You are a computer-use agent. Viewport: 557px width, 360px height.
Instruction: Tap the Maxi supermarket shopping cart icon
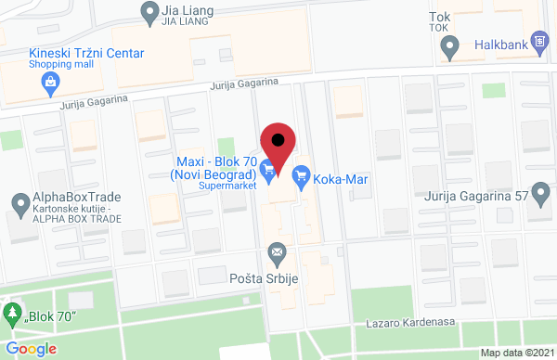[x=268, y=168]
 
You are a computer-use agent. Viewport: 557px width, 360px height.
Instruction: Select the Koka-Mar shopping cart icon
[x=301, y=174]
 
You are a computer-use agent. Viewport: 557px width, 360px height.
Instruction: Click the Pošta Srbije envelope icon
[x=277, y=251]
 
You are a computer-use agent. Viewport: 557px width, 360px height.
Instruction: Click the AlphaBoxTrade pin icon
[x=19, y=202]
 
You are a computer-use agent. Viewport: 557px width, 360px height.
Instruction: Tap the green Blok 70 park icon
[x=13, y=313]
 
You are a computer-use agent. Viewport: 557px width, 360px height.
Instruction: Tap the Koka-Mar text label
[x=342, y=175]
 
